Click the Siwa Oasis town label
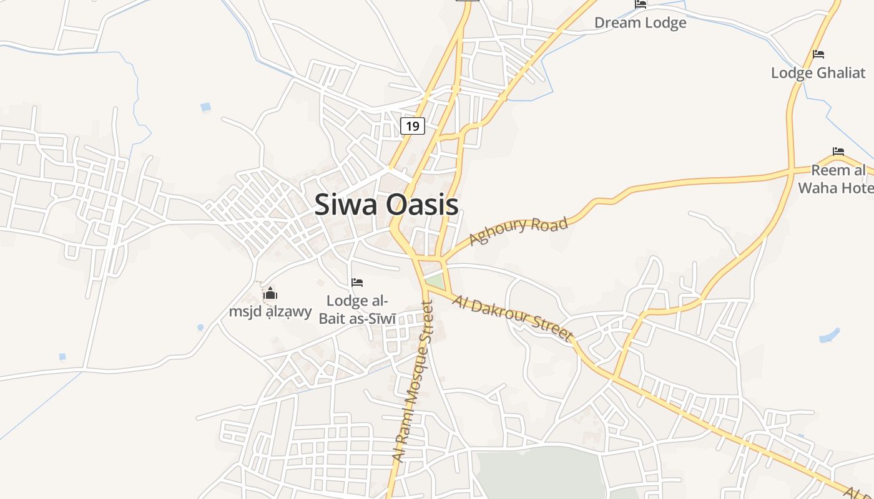(x=386, y=205)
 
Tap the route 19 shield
(x=412, y=126)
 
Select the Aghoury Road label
(x=518, y=231)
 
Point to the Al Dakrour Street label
(x=513, y=318)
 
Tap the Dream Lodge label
(x=640, y=23)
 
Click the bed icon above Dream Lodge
(x=641, y=4)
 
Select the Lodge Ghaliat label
(x=818, y=73)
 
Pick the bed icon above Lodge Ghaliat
(x=818, y=54)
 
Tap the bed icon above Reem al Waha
(x=838, y=152)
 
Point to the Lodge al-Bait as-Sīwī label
(x=357, y=310)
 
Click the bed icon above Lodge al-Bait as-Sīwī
(x=357, y=283)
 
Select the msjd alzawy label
(x=270, y=311)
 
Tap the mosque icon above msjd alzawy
(x=270, y=293)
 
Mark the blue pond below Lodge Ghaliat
(x=829, y=336)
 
